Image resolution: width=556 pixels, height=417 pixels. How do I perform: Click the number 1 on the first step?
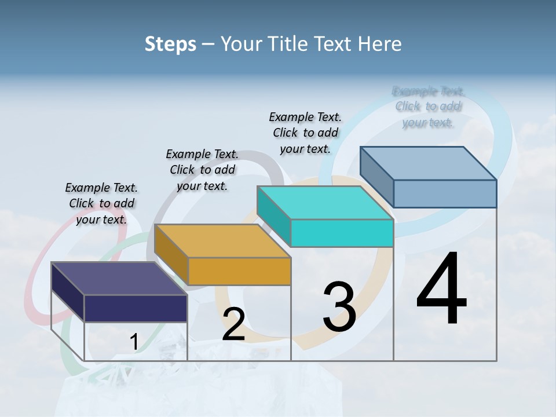pos(134,342)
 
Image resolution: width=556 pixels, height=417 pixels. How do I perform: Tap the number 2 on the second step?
pos(233,324)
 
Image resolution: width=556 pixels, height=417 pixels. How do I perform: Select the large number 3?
pos(339,307)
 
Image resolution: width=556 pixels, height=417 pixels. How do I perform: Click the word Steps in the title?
pos(170,44)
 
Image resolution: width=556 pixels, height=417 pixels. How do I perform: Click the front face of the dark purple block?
pos(136,308)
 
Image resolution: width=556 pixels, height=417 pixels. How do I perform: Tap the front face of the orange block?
pos(239,271)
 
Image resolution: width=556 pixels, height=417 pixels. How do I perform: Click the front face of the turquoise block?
pos(342,233)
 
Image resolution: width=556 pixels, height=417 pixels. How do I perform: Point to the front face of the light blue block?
pos(444,193)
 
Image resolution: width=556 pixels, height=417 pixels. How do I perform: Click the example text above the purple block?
pos(101,203)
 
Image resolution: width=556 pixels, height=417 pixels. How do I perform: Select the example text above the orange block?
pos(202,170)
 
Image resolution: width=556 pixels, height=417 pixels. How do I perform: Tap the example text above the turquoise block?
pos(305,133)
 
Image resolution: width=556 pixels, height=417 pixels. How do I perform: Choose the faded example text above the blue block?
pos(428,107)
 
